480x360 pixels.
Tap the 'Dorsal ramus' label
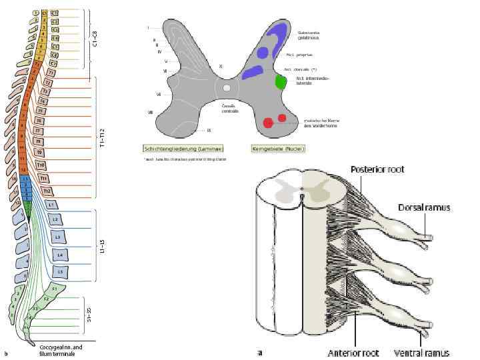coord(423,207)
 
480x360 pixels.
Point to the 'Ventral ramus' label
coord(421,353)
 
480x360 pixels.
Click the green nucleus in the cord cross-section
coord(281,82)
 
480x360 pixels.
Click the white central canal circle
coord(227,87)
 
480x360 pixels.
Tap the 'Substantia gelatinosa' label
coord(309,34)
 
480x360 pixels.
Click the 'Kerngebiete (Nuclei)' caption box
coord(278,149)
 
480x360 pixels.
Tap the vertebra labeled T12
coord(47,191)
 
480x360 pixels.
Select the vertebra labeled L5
coord(61,272)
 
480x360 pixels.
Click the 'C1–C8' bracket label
coord(94,37)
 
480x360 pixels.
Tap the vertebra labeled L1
coord(52,205)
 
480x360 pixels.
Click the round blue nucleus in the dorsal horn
coord(263,53)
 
